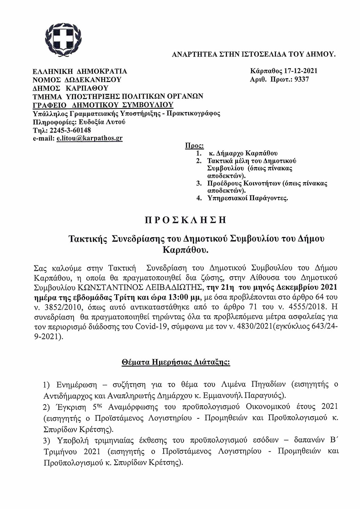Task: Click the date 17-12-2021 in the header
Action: [301, 71]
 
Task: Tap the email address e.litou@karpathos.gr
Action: [90, 138]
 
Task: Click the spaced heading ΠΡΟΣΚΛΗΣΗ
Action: [185, 220]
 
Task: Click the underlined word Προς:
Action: [194, 146]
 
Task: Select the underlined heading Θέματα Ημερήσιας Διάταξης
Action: [176, 362]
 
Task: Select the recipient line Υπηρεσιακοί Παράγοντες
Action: [247, 198]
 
